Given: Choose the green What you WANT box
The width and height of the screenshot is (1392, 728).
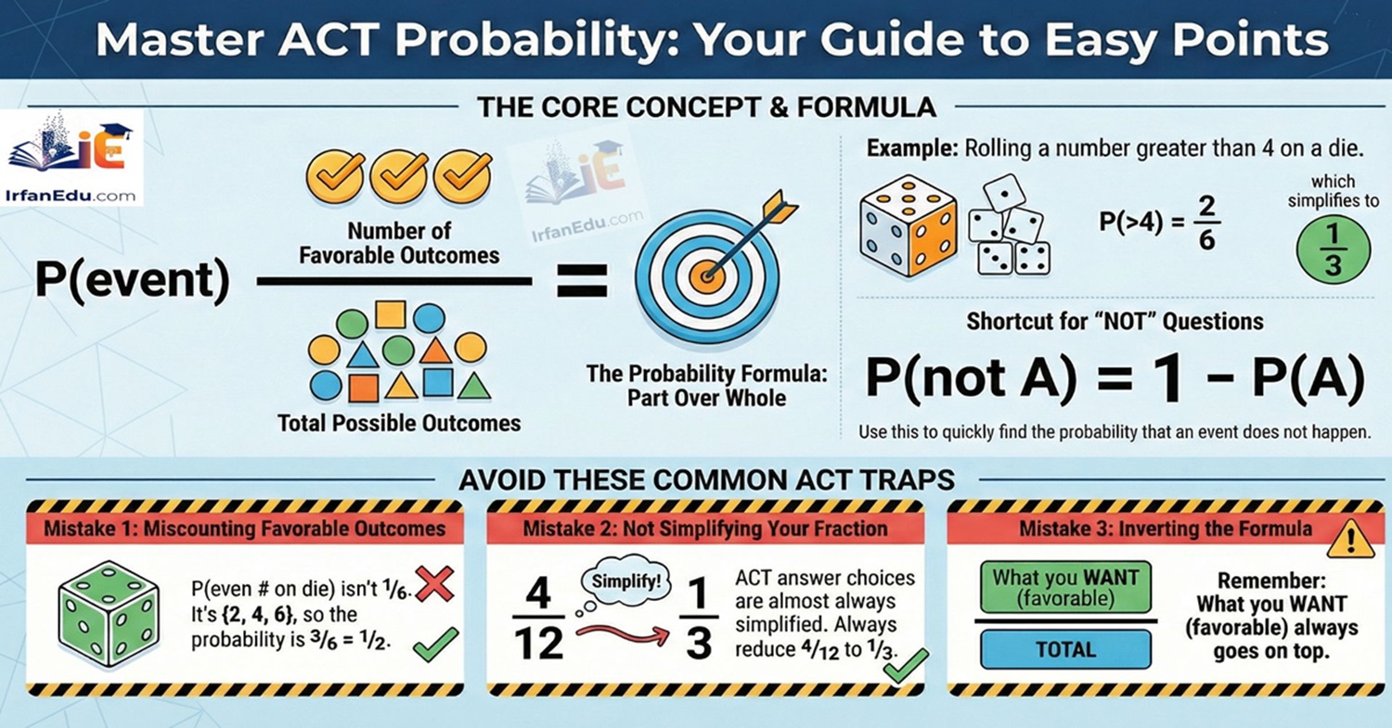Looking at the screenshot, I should coord(1065,585).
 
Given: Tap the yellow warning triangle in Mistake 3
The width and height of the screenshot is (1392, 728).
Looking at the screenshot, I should coord(1350,539).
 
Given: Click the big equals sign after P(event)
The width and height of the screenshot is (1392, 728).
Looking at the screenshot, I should coord(582,280).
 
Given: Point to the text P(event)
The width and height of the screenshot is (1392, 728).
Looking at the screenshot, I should coord(132,281).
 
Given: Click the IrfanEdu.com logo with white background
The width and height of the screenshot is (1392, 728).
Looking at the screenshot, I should coord(73,158).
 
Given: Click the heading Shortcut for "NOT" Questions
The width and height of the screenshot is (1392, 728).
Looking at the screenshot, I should coord(1115,322).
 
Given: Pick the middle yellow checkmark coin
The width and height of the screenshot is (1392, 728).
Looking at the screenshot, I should coord(398,175).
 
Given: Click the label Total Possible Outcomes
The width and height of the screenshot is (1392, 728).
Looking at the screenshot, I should coord(399,424).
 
